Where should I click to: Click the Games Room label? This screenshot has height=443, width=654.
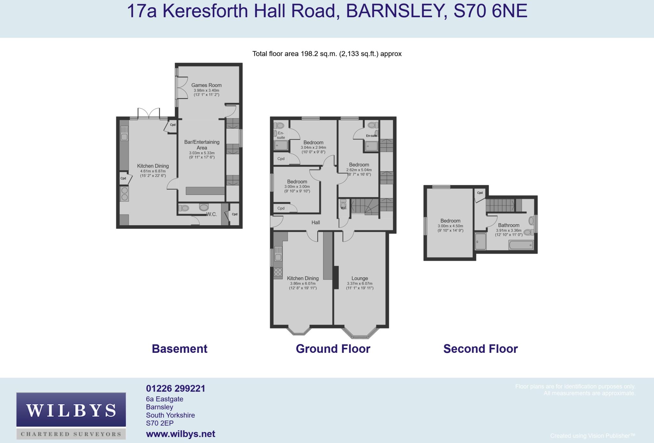(206, 85)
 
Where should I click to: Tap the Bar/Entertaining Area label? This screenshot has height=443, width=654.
(202, 145)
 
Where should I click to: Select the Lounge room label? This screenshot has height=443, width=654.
(360, 278)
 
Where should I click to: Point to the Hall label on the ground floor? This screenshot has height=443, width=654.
(316, 222)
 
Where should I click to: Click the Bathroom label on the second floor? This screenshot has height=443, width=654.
(509, 225)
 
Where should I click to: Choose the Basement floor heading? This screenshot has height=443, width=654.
(179, 349)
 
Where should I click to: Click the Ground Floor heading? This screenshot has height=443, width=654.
(333, 349)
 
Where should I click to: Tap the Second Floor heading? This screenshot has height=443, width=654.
(481, 349)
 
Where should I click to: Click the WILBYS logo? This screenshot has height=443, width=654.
(71, 415)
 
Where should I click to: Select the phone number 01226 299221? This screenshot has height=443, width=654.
(176, 388)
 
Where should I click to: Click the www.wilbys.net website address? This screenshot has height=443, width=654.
(180, 434)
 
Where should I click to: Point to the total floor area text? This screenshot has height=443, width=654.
(327, 54)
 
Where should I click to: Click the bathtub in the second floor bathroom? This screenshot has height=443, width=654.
(521, 245)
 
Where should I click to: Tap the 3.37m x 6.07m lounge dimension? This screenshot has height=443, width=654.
(360, 283)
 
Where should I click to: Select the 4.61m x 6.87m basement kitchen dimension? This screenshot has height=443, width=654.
(153, 171)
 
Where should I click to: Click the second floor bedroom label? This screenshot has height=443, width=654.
(450, 221)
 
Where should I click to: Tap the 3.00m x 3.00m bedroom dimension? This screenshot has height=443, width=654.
(297, 186)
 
